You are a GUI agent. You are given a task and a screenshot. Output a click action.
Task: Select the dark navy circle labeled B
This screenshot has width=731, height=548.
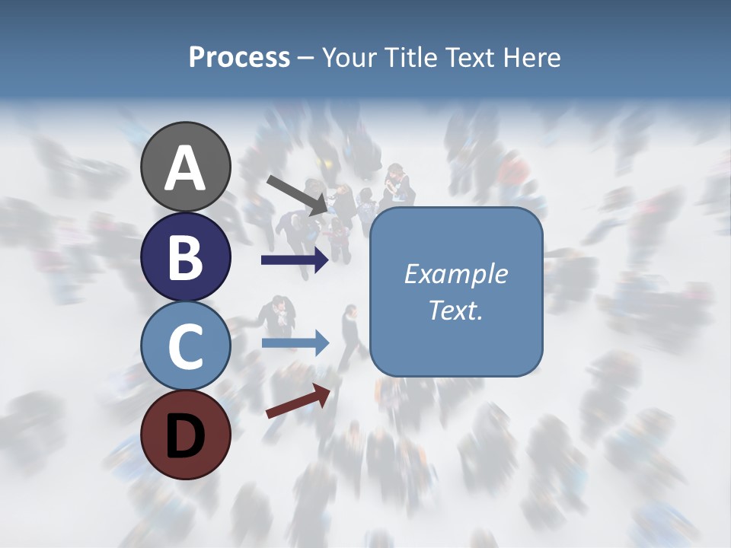[186, 256]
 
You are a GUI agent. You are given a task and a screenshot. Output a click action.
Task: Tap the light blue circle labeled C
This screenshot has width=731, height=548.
[186, 346]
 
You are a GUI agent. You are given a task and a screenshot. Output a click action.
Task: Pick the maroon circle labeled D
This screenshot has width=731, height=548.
[186, 435]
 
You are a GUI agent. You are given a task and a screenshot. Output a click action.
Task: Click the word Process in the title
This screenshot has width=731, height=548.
[239, 57]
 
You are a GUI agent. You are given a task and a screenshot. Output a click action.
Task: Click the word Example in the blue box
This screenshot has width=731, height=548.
[456, 274]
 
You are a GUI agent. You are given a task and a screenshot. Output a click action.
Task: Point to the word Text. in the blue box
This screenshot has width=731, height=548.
[456, 310]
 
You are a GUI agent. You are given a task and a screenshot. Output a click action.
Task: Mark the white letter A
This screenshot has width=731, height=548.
[186, 168]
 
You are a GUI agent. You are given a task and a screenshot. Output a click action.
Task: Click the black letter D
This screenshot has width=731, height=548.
[186, 435]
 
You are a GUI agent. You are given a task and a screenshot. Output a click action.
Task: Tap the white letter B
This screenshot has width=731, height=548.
[186, 256]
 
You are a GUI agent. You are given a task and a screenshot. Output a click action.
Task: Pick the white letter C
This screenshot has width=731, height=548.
[186, 346]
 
